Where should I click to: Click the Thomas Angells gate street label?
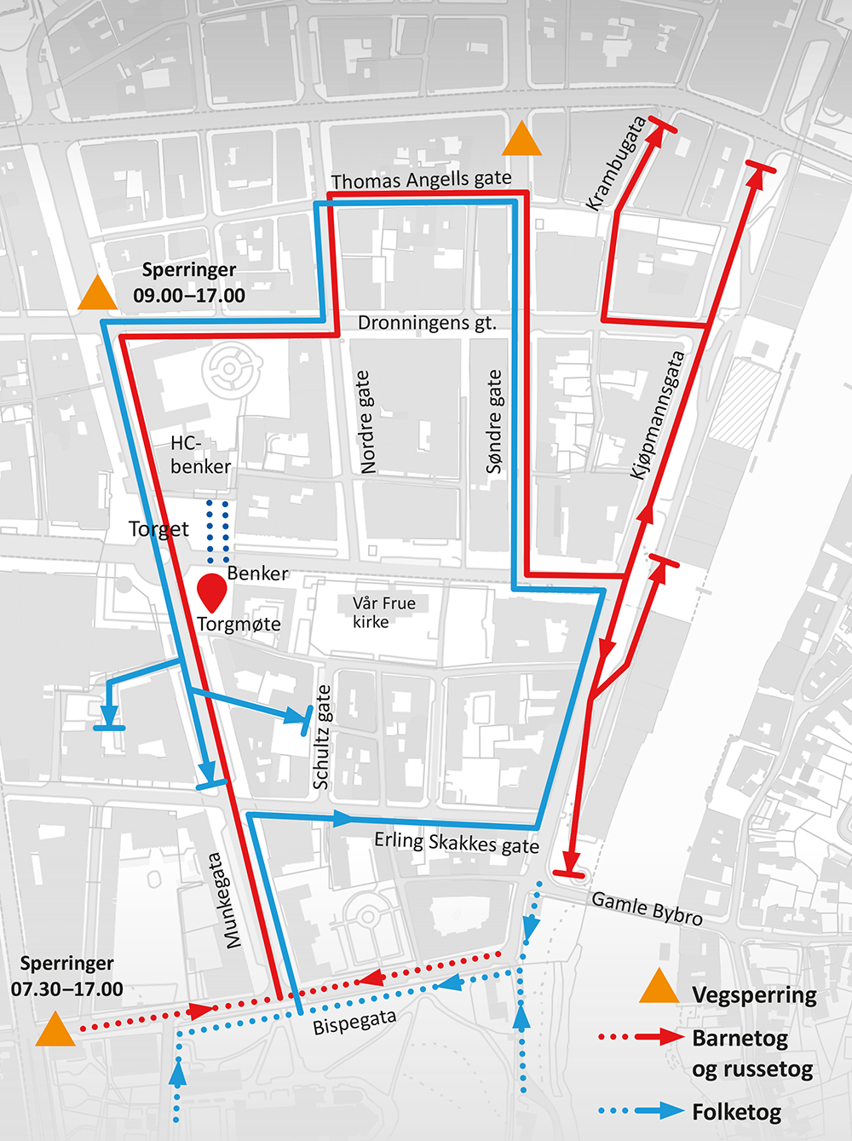[421, 180]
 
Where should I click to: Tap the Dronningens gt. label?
[426, 323]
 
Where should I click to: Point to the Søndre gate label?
[494, 421]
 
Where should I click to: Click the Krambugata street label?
[616, 164]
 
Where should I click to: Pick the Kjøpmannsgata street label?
[657, 415]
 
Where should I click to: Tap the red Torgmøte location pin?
[211, 591]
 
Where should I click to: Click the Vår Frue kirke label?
[383, 612]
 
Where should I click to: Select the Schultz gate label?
[321, 737]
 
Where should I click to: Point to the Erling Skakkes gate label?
[457, 842]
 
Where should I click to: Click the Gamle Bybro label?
[647, 908]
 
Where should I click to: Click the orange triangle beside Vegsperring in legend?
[659, 987]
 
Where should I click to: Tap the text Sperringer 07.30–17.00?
[66, 977]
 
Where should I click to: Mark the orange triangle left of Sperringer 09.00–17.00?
[97, 295]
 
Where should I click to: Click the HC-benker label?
[199, 454]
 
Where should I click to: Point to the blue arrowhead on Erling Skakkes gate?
[343, 819]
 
